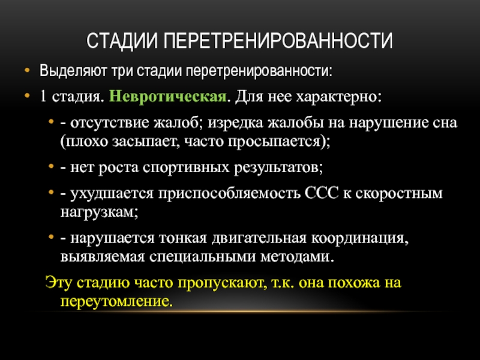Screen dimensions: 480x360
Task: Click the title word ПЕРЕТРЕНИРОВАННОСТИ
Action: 278,40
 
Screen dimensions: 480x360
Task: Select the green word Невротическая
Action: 168,97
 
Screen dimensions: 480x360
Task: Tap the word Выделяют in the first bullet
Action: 73,71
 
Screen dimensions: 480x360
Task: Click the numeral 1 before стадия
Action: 43,97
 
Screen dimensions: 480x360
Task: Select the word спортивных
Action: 186,168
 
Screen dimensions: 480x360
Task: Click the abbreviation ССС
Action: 322,193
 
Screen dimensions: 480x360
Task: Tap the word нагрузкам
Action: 97,212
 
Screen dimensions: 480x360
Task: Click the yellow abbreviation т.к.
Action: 283,283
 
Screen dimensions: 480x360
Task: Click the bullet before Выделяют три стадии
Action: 27,70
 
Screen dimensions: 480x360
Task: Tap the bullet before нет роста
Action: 51,167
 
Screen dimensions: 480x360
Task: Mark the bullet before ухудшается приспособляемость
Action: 51,192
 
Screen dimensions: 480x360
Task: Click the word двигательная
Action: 259,238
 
